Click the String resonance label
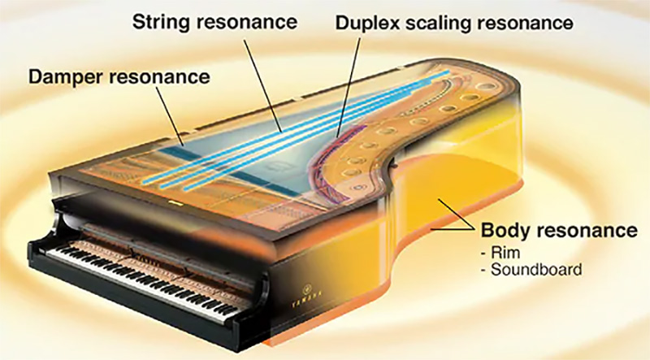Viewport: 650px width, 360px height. (x=214, y=23)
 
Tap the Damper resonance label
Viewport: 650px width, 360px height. (x=119, y=77)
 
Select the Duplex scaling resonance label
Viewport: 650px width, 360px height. (x=454, y=24)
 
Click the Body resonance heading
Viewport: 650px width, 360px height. (x=559, y=230)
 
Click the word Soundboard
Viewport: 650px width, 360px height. (x=536, y=270)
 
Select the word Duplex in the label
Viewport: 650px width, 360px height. (x=368, y=24)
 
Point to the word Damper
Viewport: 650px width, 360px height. (x=67, y=77)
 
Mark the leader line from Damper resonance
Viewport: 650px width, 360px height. (x=170, y=115)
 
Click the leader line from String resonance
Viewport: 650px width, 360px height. (x=262, y=86)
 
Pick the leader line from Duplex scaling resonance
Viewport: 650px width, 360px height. (x=349, y=88)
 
